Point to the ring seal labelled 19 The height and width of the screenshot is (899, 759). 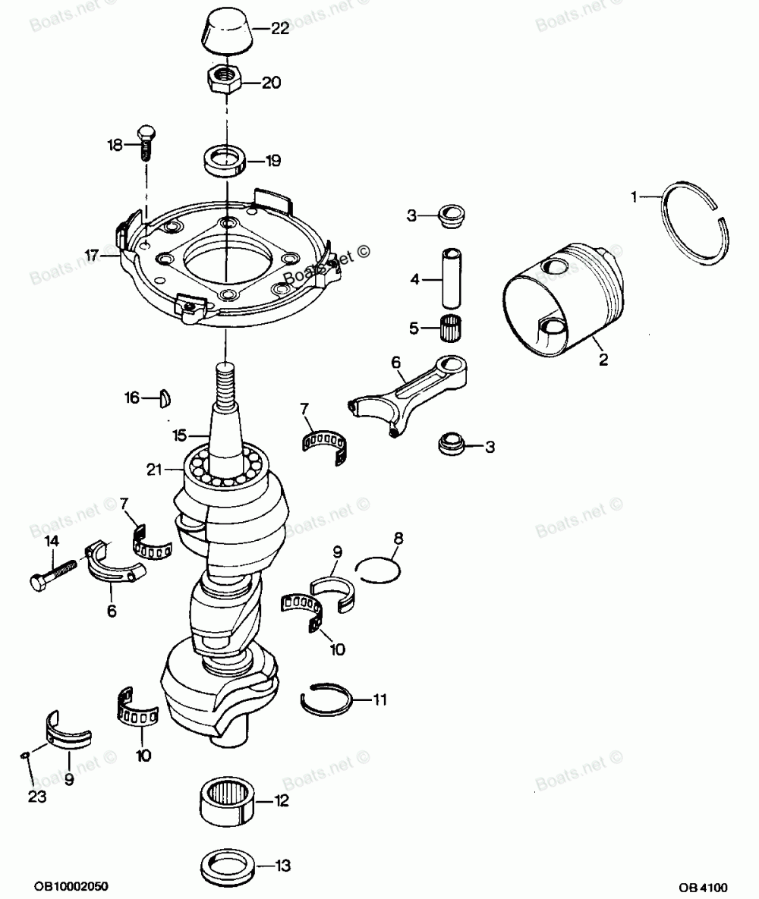[225, 160]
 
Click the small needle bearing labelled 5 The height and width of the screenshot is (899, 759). [454, 329]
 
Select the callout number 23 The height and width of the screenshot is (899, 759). [37, 797]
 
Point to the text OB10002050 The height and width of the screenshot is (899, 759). [72, 885]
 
